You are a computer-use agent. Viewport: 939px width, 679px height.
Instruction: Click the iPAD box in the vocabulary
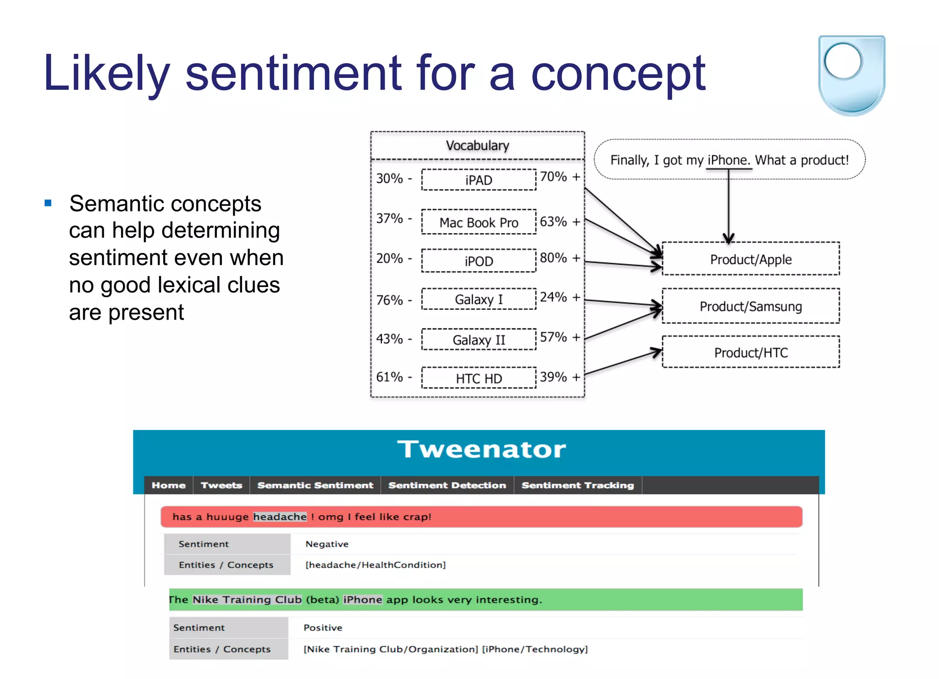click(x=478, y=180)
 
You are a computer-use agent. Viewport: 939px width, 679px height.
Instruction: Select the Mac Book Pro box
click(x=478, y=222)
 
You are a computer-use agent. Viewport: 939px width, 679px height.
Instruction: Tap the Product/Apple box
click(x=751, y=259)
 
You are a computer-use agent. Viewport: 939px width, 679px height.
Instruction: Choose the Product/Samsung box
click(x=751, y=306)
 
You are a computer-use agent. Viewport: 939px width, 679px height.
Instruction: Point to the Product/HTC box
click(x=751, y=352)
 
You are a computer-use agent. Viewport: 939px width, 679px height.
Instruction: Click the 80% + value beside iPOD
click(x=559, y=258)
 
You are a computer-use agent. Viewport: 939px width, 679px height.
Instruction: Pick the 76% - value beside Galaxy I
click(x=394, y=300)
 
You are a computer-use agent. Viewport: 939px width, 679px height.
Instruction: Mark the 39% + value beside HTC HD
click(x=559, y=377)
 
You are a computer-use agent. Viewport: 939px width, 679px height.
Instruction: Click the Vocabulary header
click(x=477, y=145)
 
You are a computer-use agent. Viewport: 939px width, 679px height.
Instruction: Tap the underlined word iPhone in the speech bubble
click(x=728, y=160)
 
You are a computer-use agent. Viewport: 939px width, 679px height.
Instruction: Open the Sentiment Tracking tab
click(x=577, y=485)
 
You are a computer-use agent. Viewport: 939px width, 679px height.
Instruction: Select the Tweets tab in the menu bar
click(x=221, y=485)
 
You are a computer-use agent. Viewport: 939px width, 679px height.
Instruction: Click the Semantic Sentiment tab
click(x=315, y=485)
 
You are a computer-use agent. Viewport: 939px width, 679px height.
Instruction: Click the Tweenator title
click(x=481, y=449)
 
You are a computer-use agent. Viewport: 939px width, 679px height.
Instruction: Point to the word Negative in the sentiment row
click(x=327, y=544)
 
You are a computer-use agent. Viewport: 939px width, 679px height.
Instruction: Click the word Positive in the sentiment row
click(x=323, y=628)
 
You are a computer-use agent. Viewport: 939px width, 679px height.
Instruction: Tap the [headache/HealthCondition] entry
click(x=375, y=565)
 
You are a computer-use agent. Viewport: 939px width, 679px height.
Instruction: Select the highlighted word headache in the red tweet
click(x=280, y=517)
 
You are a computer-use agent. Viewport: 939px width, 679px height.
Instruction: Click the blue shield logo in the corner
click(x=851, y=75)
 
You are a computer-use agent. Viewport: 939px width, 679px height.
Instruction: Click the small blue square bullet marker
click(x=48, y=203)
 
